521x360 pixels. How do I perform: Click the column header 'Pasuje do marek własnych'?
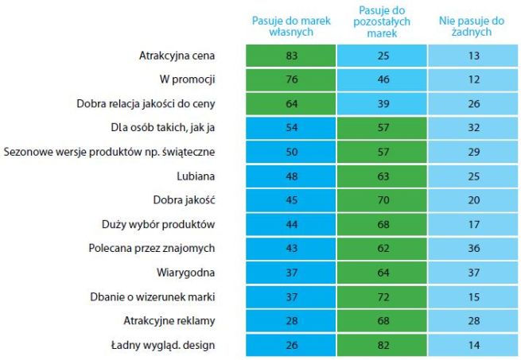coord(290,26)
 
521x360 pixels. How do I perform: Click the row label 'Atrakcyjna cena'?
coord(177,56)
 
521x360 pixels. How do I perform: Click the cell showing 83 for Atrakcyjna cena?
coord(290,56)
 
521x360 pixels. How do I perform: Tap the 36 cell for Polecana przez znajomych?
coord(473,247)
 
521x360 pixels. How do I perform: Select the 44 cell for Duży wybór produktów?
coord(290,223)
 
